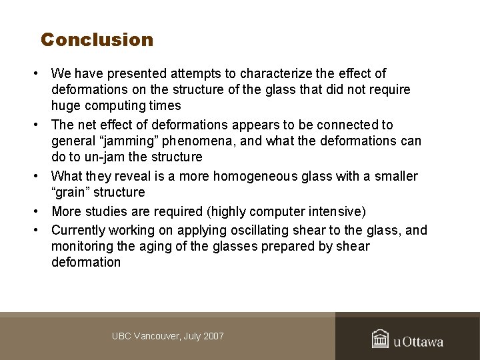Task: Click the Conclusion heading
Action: pyautogui.click(x=97, y=40)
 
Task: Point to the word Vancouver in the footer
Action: pyautogui.click(x=157, y=336)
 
